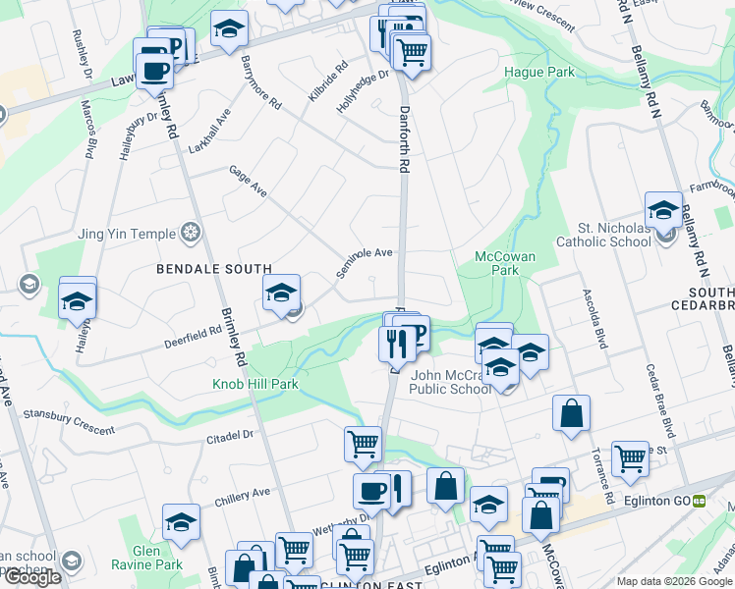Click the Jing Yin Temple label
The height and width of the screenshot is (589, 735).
click(127, 234)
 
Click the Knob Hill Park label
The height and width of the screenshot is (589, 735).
click(255, 384)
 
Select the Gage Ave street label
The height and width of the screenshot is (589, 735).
click(248, 180)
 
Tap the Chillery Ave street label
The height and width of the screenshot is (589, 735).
click(242, 497)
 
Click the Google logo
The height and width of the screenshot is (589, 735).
click(32, 578)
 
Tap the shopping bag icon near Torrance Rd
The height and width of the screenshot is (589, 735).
click(571, 414)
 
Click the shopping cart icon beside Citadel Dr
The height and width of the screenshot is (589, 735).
click(363, 444)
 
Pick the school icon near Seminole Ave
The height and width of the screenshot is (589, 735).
click(281, 293)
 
